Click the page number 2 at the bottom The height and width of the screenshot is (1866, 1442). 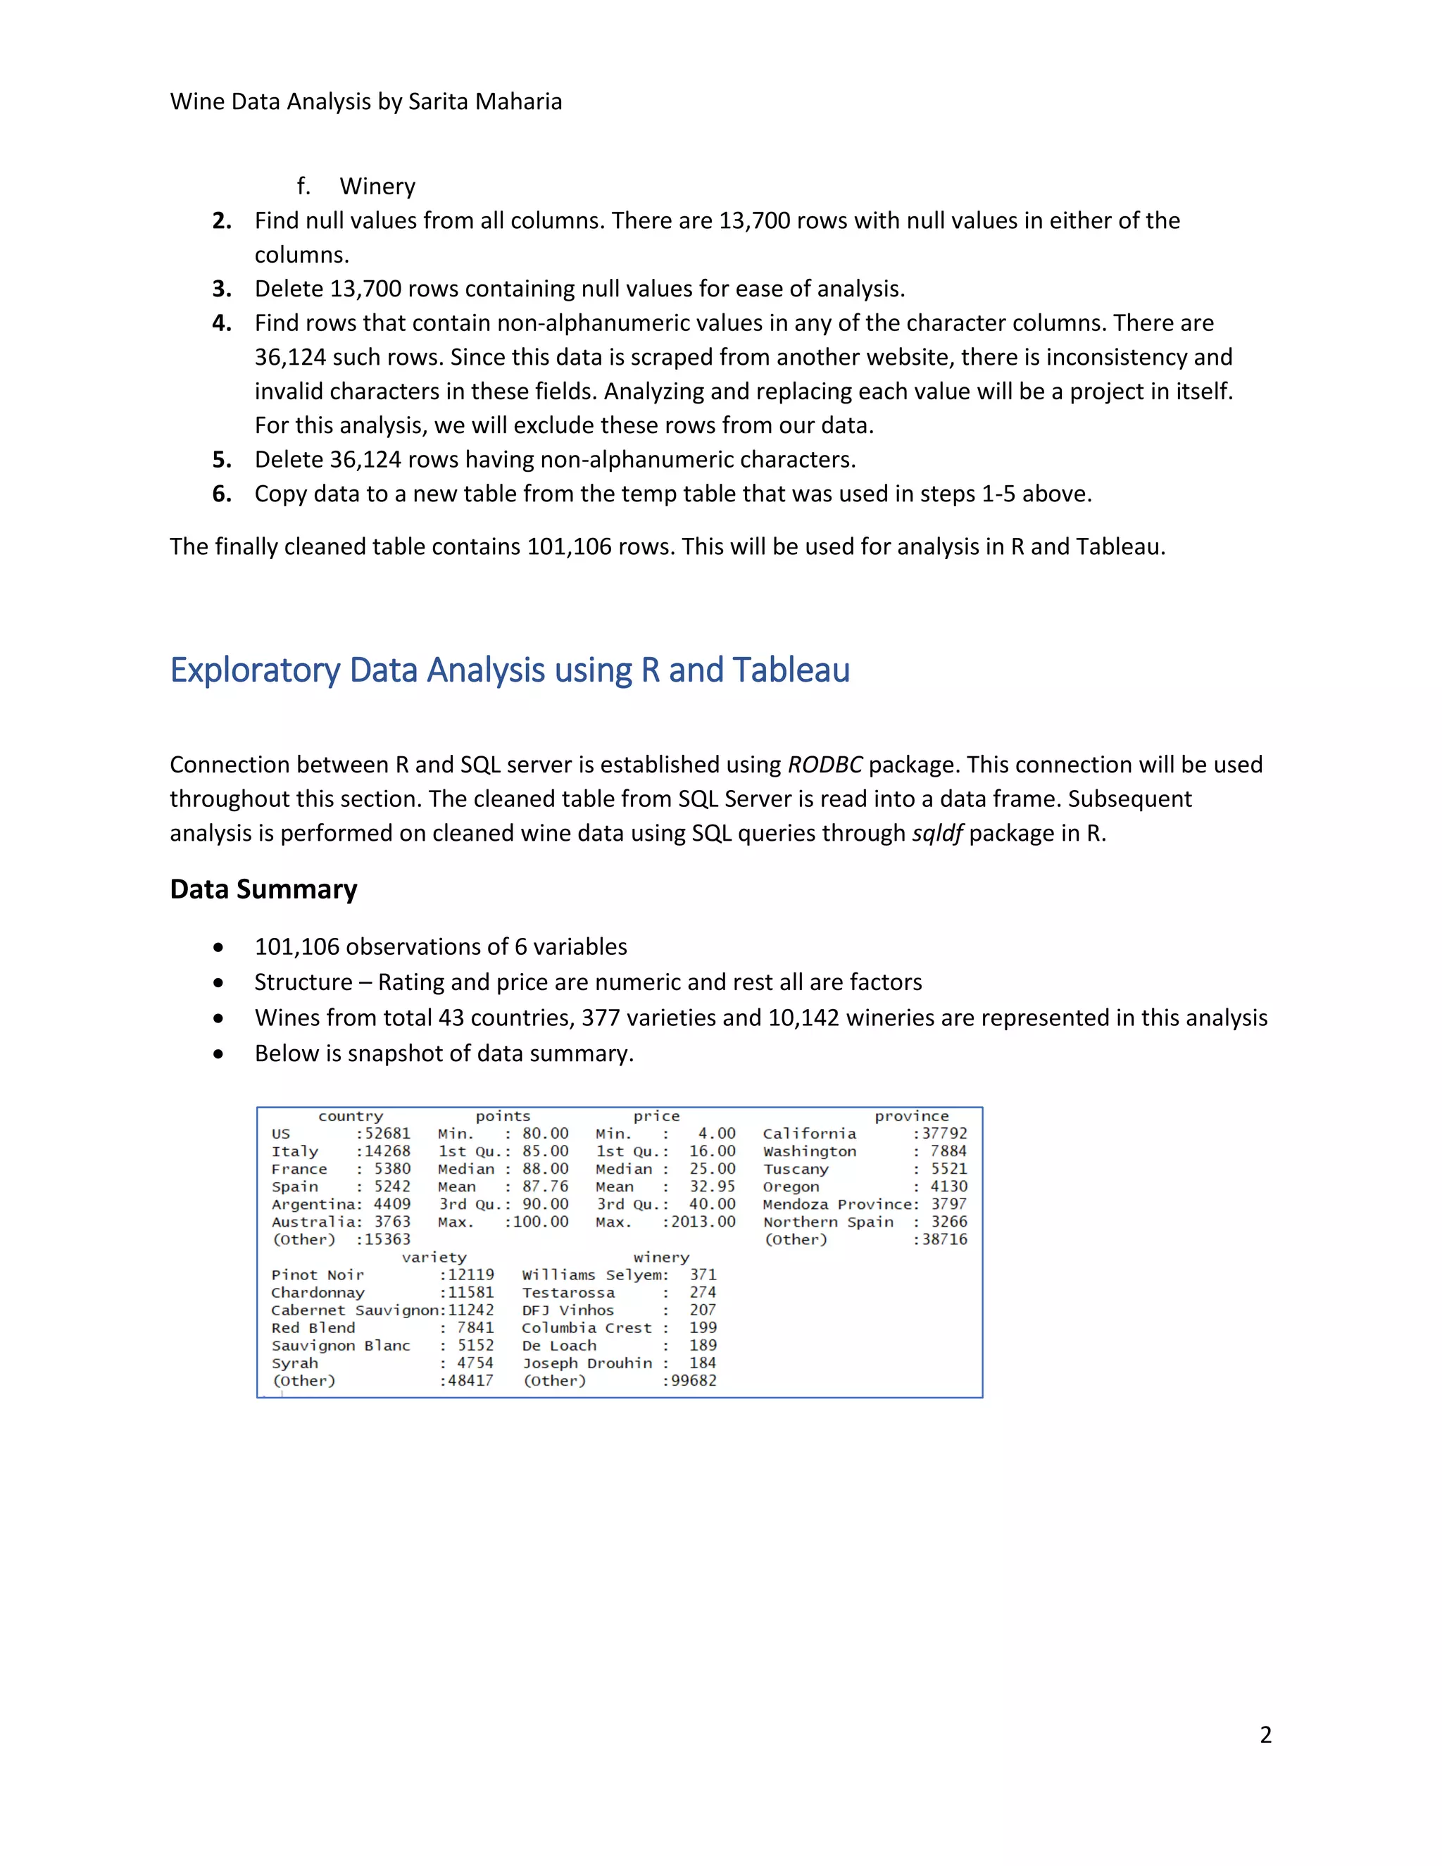point(1265,1734)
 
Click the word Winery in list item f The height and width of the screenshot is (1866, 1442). point(377,187)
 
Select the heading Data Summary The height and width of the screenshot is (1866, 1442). point(263,889)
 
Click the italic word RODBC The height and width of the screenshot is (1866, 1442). point(825,765)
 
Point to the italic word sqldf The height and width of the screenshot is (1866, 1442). point(937,833)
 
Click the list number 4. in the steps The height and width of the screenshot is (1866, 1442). point(222,323)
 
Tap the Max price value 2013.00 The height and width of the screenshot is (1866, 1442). point(703,1222)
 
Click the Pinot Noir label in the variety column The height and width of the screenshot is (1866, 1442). point(317,1275)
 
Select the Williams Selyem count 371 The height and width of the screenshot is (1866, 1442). point(703,1275)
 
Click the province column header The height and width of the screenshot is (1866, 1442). point(912,1116)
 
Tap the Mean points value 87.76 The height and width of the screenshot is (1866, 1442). point(545,1186)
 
